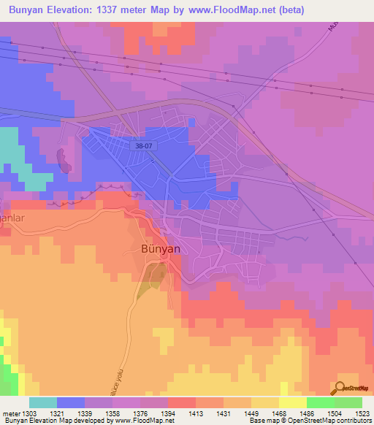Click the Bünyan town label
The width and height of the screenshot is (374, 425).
pos(159,248)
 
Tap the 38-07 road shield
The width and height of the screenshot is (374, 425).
pos(145,145)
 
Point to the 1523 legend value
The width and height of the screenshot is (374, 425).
pos(362,413)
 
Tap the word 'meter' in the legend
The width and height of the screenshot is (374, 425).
pos(11,413)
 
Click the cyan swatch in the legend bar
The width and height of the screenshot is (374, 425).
pos(43,402)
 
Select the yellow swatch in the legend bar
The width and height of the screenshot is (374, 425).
pos(292,402)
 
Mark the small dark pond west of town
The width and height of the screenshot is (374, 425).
pos(64,160)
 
